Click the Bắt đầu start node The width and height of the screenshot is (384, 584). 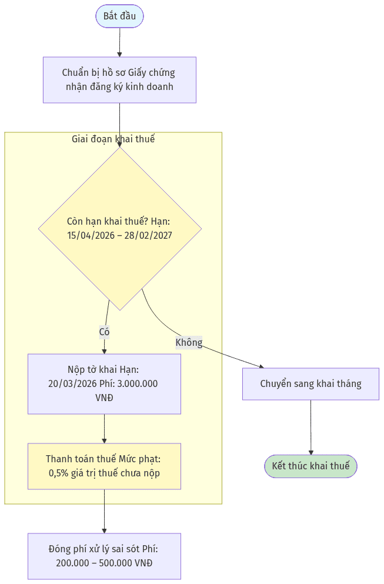119,16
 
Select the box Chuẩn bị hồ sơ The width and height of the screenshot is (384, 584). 119,80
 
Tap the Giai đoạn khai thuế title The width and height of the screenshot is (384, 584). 113,139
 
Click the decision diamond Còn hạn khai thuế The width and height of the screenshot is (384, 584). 120,229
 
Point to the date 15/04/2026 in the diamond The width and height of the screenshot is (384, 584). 91,235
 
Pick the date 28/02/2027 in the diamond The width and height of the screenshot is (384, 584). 148,235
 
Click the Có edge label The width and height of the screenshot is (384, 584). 104,332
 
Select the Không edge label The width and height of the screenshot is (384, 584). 189,342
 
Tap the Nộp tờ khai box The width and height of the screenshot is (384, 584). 104,383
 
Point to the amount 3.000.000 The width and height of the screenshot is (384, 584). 138,383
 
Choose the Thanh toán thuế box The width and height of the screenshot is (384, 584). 104,466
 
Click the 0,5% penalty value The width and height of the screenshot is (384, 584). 58,473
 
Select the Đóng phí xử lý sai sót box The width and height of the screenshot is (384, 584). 104,556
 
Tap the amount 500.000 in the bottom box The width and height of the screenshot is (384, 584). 115,563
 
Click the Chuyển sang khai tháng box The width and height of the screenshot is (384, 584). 310,384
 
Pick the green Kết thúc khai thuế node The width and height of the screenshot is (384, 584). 310,466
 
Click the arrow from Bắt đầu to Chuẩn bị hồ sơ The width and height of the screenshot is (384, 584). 119,42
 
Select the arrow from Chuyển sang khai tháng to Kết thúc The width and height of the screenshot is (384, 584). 310,428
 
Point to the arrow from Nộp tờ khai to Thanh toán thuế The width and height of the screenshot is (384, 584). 104,429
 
